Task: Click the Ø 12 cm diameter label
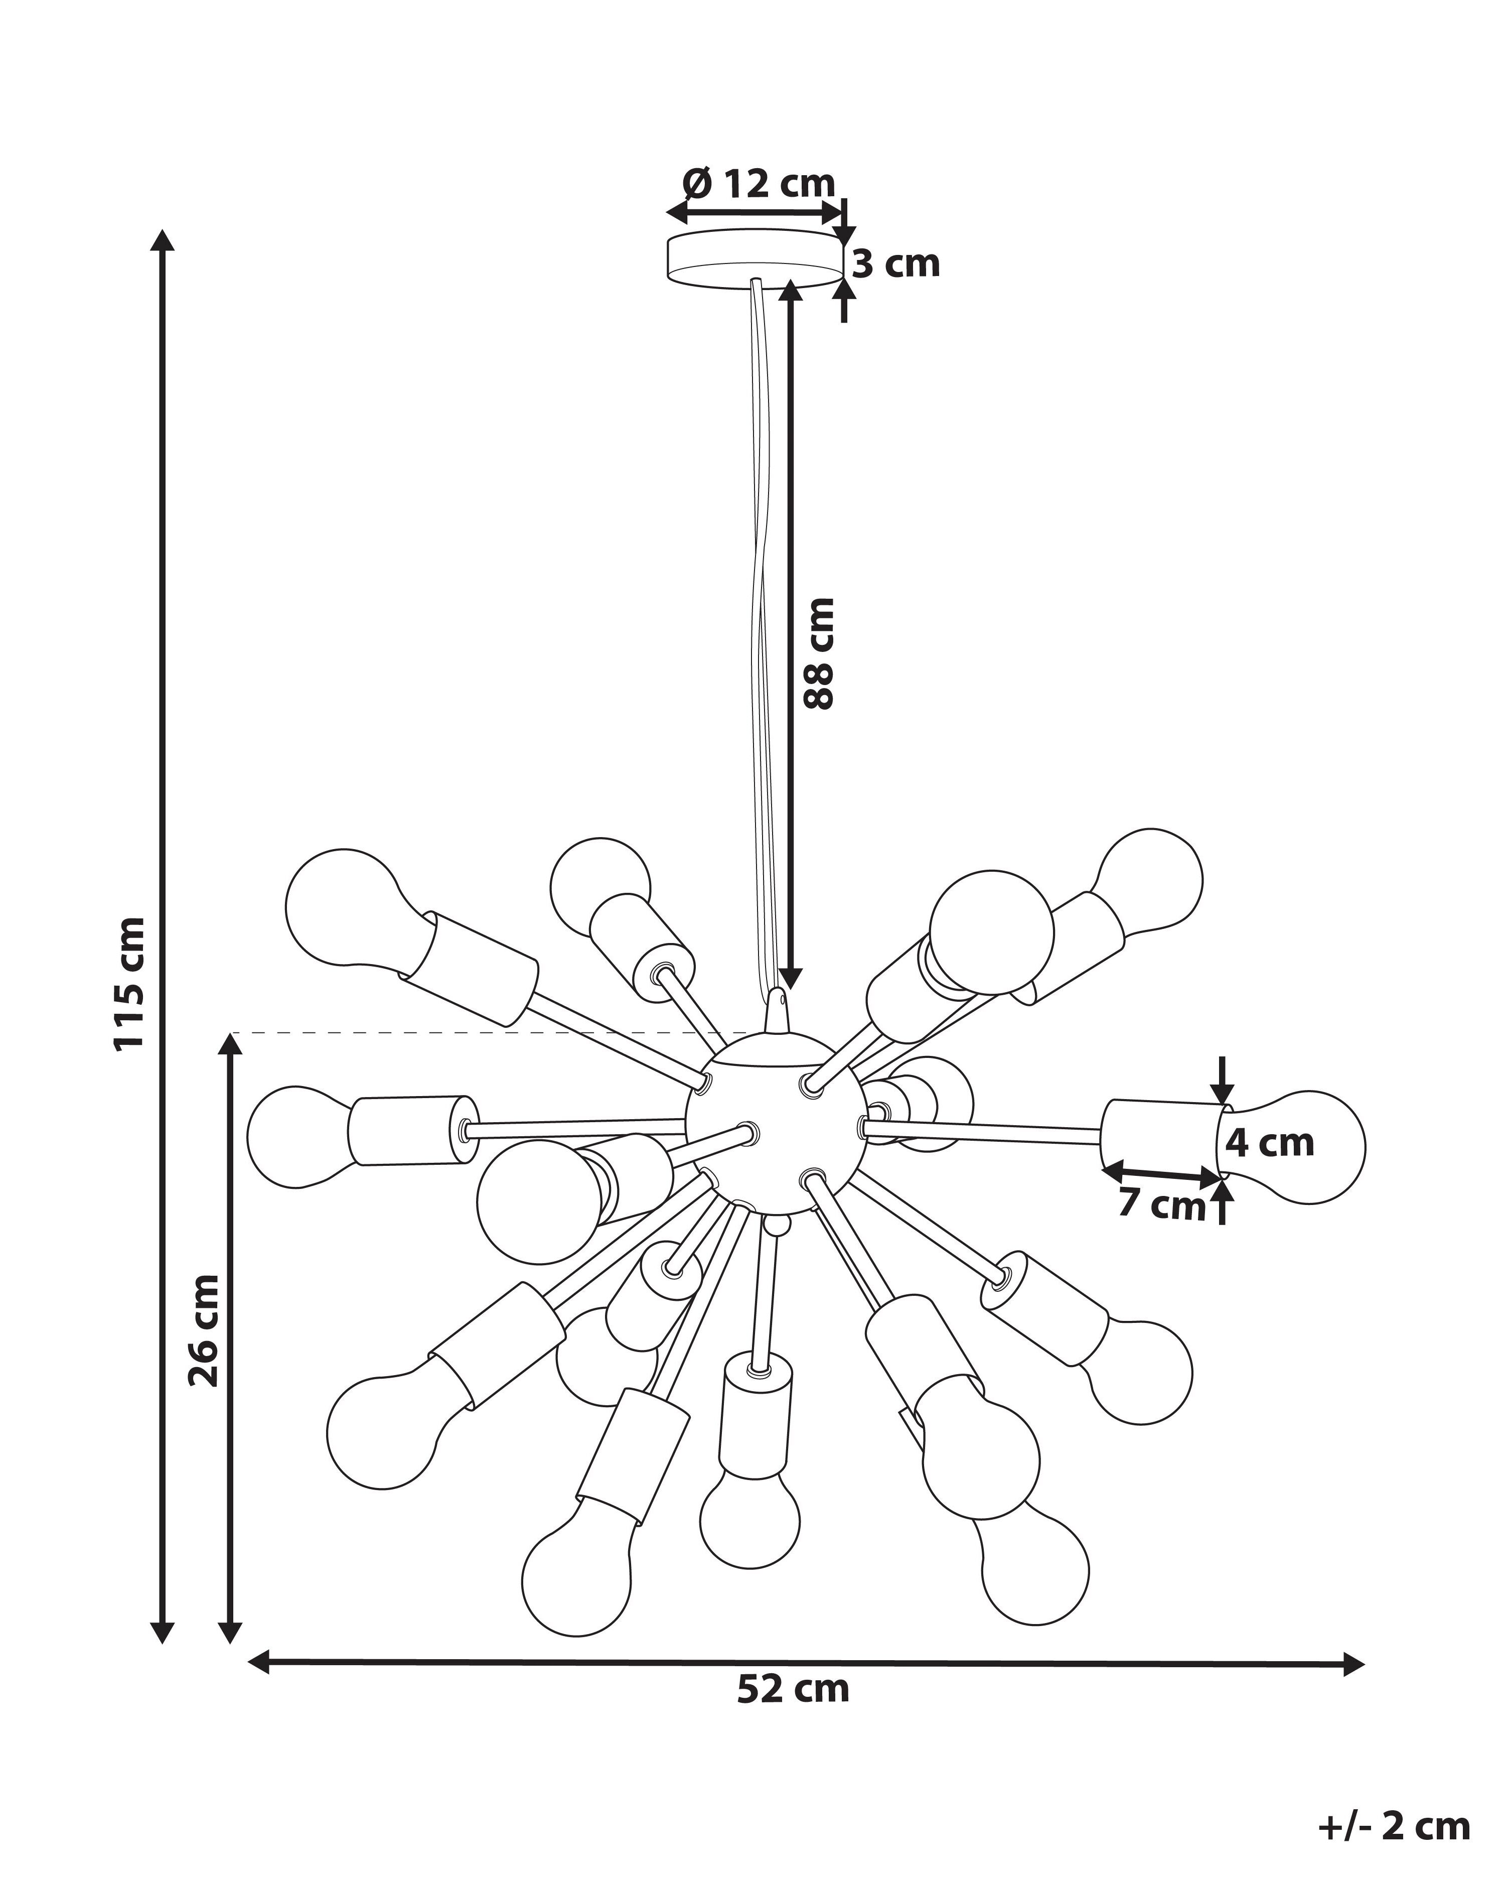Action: point(759,183)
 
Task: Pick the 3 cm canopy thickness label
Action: point(896,263)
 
